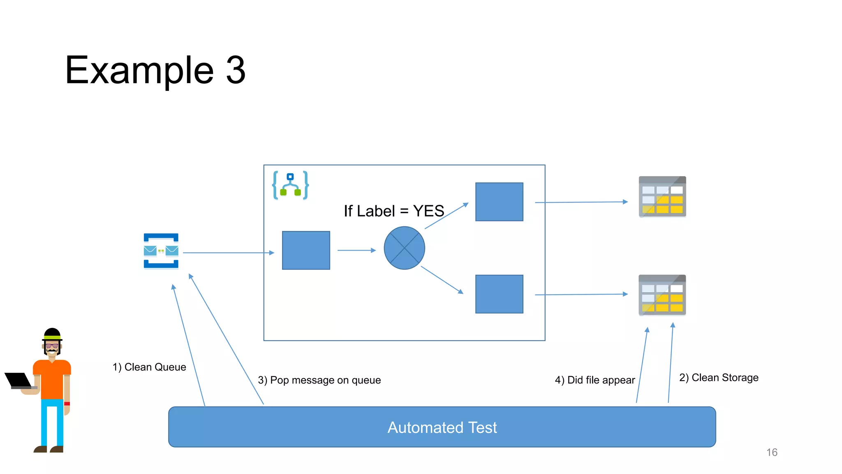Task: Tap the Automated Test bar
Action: [442, 427]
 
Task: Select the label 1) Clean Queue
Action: [149, 367]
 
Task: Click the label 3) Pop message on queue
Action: [319, 380]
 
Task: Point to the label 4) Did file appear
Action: [594, 380]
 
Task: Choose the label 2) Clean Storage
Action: [719, 378]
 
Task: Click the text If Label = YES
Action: [393, 211]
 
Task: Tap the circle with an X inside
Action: [404, 248]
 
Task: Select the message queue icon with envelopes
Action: [161, 251]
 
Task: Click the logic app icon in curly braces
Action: [290, 186]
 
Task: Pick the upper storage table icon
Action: [662, 197]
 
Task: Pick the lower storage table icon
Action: [662, 295]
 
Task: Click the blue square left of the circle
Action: [306, 250]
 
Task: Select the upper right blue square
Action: [499, 202]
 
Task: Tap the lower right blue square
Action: [499, 294]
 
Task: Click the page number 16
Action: [772, 452]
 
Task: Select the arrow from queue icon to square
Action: [228, 253]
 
